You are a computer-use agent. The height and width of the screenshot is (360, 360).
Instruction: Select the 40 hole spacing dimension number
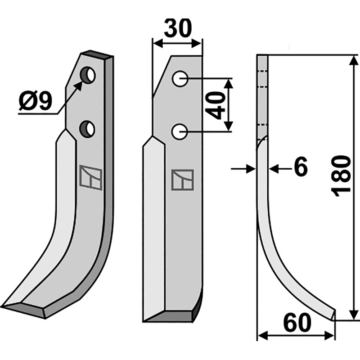[218, 105]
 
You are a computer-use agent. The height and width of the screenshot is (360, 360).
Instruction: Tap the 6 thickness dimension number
[301, 168]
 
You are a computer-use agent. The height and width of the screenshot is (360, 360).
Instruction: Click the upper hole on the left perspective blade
[88, 75]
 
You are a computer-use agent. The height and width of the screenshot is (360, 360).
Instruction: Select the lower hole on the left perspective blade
[87, 129]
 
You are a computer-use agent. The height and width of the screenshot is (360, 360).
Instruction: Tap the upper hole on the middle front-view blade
[180, 79]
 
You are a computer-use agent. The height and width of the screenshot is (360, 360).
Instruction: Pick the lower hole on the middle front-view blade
[180, 132]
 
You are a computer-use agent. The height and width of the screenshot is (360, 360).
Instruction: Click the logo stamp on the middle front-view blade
[182, 180]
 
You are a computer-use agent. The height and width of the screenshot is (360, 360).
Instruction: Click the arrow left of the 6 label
[250, 169]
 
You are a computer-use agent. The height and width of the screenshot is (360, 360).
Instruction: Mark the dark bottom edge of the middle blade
[171, 316]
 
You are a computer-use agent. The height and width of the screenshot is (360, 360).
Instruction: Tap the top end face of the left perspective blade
[97, 55]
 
